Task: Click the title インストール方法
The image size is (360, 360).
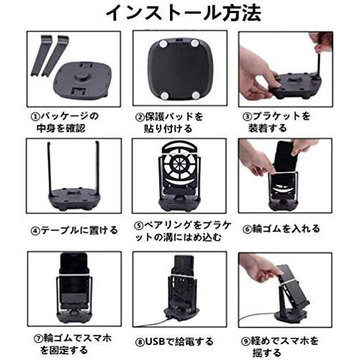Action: (x=184, y=12)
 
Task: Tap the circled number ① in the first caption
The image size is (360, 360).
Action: (x=35, y=117)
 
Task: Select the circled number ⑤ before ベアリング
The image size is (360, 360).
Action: (x=138, y=226)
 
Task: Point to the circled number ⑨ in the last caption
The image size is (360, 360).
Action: (x=246, y=341)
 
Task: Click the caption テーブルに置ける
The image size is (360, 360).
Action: (x=79, y=230)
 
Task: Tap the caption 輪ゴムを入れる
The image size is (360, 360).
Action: (x=286, y=229)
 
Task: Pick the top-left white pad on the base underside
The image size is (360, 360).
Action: (x=163, y=44)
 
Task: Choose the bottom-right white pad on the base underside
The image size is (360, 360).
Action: (x=196, y=95)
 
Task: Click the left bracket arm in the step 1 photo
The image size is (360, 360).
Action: (x=41, y=55)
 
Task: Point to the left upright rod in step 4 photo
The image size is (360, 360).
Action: (x=50, y=168)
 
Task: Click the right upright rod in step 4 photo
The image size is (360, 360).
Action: (x=98, y=168)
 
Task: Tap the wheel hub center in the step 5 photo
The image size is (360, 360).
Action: (x=180, y=164)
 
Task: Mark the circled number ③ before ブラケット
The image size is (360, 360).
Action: (x=247, y=117)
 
